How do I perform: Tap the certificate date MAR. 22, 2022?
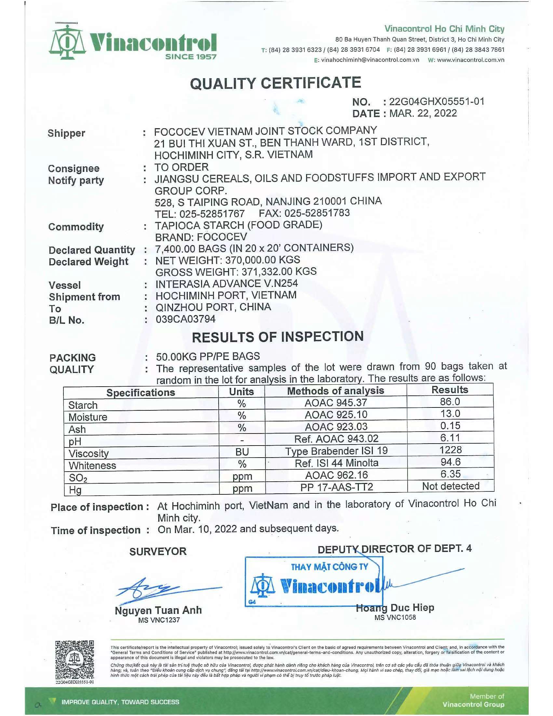click(423, 114)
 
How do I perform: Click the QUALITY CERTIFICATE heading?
click(276, 83)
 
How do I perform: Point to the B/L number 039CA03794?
click(185, 319)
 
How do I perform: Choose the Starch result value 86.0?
click(450, 402)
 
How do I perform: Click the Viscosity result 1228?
click(451, 450)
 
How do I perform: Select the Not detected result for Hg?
click(451, 486)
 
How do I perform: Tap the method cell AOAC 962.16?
click(336, 475)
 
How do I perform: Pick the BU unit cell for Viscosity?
click(242, 452)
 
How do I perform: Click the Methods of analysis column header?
click(335, 391)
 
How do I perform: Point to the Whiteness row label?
click(92, 465)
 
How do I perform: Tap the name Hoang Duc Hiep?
click(395, 608)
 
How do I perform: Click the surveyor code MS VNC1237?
click(159, 620)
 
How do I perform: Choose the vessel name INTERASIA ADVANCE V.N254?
click(227, 283)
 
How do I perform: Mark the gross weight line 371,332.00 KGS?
click(236, 271)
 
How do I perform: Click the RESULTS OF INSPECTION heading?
click(277, 337)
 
